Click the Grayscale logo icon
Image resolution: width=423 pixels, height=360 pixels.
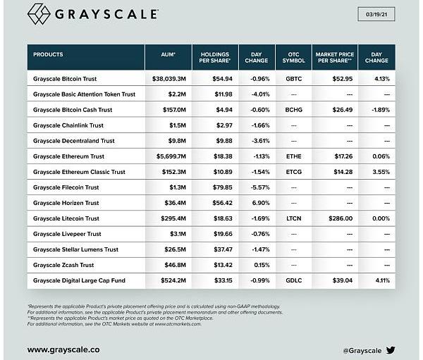tap(39, 15)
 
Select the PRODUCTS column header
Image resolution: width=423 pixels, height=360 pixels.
tap(48, 54)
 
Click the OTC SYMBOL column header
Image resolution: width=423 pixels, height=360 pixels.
tap(293, 57)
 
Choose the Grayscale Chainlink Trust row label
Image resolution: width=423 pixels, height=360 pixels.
tap(68, 125)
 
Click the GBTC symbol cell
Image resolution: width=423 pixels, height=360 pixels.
tap(293, 79)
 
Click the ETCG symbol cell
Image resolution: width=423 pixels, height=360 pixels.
tap(293, 172)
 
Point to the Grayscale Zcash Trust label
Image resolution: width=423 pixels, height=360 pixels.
tap(64, 265)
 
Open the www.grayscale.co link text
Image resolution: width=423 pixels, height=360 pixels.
tap(63, 349)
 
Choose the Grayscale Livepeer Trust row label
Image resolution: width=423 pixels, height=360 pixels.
tap(67, 234)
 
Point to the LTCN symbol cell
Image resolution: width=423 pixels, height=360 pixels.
tap(293, 218)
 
